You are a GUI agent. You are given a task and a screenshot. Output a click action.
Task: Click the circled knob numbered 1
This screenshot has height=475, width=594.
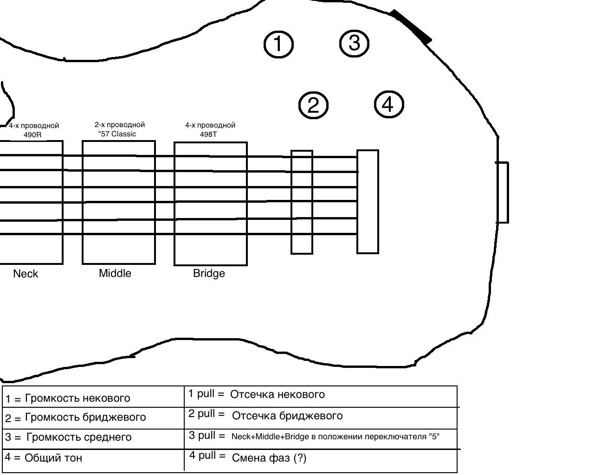coord(278,44)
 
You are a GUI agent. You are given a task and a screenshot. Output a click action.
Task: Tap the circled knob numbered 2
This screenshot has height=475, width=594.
coord(313,105)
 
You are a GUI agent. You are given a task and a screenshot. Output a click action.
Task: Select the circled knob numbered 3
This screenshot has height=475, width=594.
coord(354,43)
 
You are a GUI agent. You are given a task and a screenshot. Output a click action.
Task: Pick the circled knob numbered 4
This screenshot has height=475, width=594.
coord(389,104)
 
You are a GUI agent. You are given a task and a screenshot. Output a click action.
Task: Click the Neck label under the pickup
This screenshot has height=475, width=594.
coord(26,274)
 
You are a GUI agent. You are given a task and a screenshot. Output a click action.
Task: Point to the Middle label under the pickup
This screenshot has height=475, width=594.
coord(115,273)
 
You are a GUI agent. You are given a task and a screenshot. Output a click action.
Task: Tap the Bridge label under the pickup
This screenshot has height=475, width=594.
coord(209,274)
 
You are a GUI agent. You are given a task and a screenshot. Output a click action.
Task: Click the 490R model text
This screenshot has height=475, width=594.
coord(32,135)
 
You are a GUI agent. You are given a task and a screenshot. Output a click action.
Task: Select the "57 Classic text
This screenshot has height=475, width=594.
coord(117,134)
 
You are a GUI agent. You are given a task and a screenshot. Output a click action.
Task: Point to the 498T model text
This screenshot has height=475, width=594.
coord(208,135)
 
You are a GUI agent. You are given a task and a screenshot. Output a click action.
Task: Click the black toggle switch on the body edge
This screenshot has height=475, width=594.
coord(411,26)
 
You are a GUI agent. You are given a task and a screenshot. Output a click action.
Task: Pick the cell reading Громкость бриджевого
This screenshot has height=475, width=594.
coord(93,418)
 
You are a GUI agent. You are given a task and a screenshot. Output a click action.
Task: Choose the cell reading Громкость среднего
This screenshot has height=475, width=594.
coord(93,439)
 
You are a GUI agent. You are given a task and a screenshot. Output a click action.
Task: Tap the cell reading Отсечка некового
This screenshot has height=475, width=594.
coord(321,396)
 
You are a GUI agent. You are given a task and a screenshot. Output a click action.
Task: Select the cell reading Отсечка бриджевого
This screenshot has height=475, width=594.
coord(321,418)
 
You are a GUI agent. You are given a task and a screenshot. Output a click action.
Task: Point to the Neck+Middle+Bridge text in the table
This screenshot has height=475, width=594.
coord(270,436)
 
